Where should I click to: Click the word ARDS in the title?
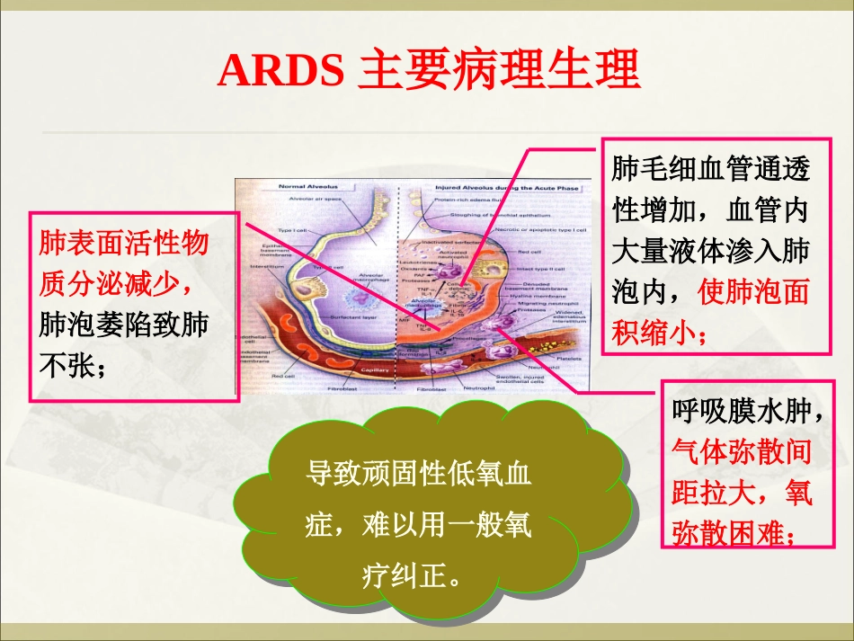(280, 70)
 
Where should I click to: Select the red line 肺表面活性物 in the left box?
(123, 245)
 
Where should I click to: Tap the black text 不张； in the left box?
(74, 366)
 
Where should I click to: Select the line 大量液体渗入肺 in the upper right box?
(710, 252)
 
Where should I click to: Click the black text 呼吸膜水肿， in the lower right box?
(747, 413)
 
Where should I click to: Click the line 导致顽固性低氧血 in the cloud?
(419, 475)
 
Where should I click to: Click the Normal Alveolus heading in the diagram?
(300, 186)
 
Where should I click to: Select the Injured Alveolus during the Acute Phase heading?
(505, 188)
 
